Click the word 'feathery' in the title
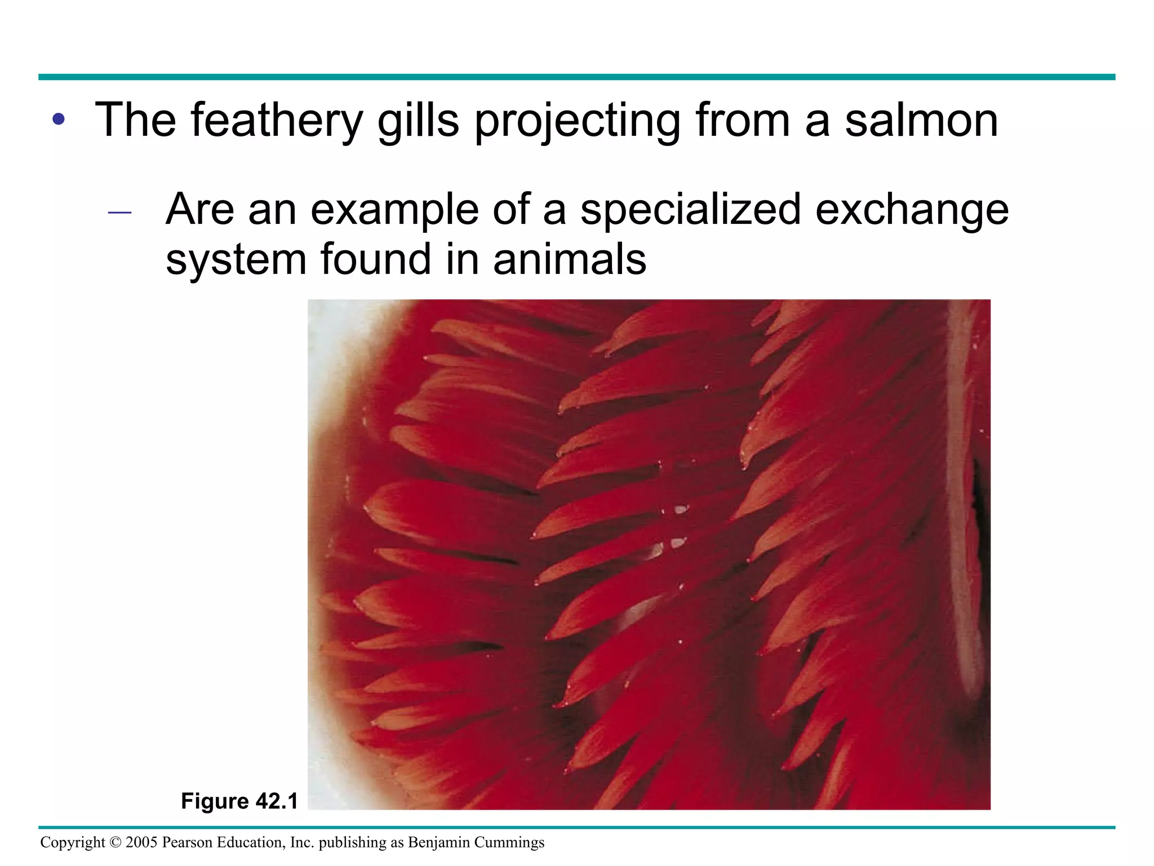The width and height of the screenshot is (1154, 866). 276,120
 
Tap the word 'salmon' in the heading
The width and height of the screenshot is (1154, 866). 921,120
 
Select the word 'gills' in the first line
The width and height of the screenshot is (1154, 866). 418,120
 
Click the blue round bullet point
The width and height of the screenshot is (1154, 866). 59,120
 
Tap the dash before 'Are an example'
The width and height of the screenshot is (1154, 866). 119,213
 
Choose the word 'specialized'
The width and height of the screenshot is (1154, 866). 690,210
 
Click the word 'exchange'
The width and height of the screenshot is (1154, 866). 912,210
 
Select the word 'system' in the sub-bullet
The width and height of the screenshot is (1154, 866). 236,259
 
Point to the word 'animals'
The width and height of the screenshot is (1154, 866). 570,259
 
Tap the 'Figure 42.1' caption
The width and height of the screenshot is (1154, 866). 239,801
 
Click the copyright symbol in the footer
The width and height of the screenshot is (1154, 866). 116,842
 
